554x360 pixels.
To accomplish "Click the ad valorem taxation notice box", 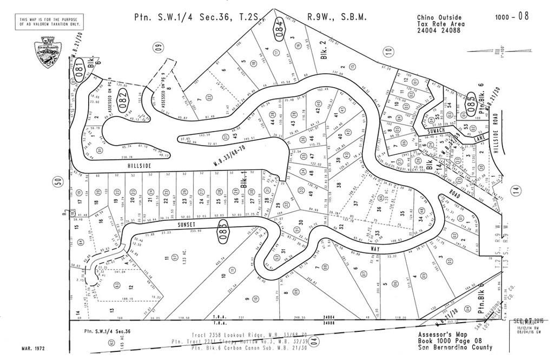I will click(x=50, y=22).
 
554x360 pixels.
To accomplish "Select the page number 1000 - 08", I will click(x=511, y=16).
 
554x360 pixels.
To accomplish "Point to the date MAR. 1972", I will click(x=34, y=349).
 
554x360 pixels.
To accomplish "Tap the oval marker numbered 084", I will click(x=279, y=24).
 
